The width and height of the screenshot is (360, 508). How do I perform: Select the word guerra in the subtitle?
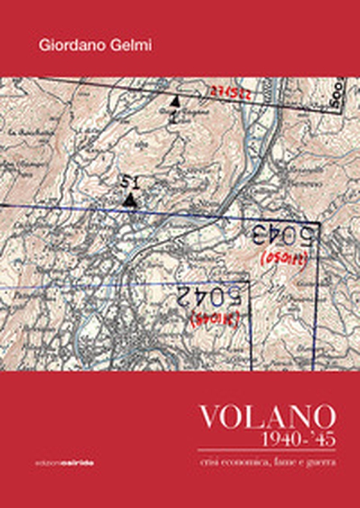point(322,462)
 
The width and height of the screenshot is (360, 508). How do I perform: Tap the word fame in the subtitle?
point(286,462)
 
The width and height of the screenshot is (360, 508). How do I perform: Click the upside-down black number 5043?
point(285,235)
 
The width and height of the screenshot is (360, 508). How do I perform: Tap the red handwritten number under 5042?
point(214,319)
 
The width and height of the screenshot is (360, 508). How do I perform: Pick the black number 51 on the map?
point(126,181)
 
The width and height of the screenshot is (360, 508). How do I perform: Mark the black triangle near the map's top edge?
point(175,102)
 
